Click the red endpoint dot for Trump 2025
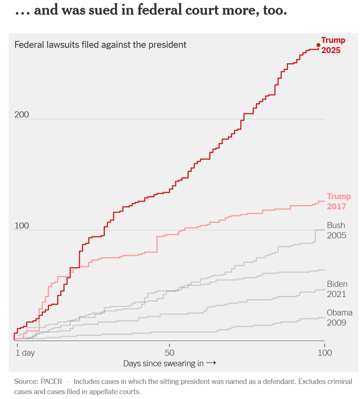tap(318, 45)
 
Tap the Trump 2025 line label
tap(333, 45)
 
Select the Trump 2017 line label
tap(338, 201)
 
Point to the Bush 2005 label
tap(336, 230)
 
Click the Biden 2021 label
tap(337, 289)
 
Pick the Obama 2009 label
tap(339, 318)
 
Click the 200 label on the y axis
tap(21, 115)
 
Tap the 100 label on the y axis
tap(21, 226)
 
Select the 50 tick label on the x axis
tap(170, 353)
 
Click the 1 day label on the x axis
tap(25, 353)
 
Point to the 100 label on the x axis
tap(325, 353)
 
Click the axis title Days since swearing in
tap(163, 363)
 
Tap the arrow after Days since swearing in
tap(211, 363)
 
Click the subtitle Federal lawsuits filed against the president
tap(100, 45)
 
